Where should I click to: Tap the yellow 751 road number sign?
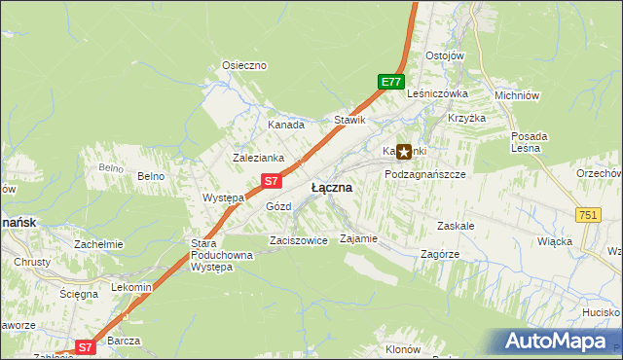[587, 215]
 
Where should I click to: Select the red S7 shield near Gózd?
[273, 181]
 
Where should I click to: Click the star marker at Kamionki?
[404, 152]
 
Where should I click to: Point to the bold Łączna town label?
[332, 187]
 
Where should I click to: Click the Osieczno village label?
[244, 65]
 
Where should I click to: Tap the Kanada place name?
[286, 125]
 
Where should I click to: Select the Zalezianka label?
[258, 157]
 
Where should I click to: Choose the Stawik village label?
[349, 121]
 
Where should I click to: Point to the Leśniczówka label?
[438, 94]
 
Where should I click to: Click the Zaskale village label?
[456, 225]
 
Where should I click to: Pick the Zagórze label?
[439, 252]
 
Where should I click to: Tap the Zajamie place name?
[358, 238]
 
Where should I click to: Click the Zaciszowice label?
[298, 240]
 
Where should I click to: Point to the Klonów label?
[402, 348]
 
